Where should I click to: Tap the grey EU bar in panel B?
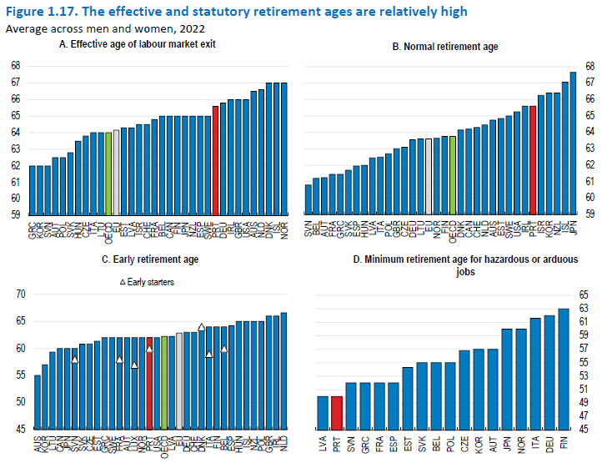(x=429, y=176)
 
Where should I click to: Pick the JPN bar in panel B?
(x=573, y=143)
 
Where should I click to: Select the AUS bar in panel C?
(x=38, y=401)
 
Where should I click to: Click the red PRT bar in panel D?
(x=336, y=412)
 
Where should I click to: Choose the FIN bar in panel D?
(x=564, y=368)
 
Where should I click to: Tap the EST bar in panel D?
(x=408, y=397)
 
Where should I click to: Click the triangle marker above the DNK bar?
(x=201, y=327)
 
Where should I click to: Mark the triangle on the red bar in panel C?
(x=149, y=349)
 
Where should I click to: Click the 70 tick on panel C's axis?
(x=20, y=294)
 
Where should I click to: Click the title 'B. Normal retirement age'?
(x=445, y=47)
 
